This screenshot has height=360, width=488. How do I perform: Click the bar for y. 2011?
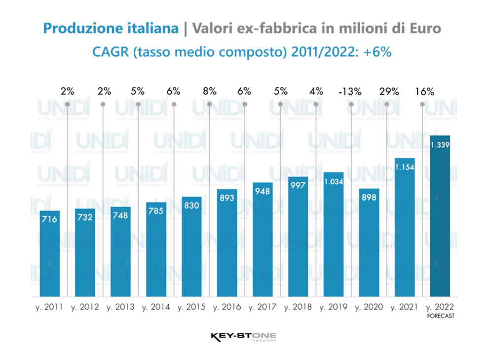point(49,253)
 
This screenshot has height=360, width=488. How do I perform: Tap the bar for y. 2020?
point(369,242)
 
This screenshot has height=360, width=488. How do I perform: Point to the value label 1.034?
point(334,181)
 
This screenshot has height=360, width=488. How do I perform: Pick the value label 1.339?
point(440,144)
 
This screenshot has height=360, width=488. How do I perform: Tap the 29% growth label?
point(389,91)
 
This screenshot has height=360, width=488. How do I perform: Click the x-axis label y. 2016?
point(227,307)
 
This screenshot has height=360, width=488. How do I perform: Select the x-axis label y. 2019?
point(334,307)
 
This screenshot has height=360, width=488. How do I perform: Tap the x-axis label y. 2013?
point(120,307)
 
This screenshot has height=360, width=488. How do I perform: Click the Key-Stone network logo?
point(243,338)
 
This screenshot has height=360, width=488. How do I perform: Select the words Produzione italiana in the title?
point(111,29)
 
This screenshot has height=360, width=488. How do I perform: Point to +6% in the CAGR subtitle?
point(380,51)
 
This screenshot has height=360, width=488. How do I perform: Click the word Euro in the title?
point(426,29)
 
